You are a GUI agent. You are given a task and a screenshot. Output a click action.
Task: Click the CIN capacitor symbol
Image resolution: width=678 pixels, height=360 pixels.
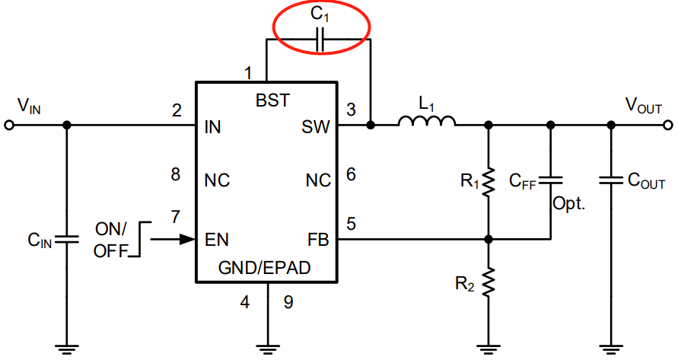point(67,239)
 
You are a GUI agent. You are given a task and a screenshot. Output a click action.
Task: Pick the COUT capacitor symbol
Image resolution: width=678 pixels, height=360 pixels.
point(610,181)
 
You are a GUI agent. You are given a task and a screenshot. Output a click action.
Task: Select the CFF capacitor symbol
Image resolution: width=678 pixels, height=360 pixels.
point(551,180)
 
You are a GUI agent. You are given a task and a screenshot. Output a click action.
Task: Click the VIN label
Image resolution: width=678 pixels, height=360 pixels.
point(29,105)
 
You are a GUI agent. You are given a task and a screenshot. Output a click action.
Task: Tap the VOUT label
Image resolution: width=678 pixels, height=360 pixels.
point(643,105)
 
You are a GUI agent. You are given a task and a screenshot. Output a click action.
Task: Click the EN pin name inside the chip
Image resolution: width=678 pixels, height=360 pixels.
point(218,239)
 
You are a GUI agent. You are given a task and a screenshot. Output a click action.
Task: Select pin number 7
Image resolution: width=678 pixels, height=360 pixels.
point(177,218)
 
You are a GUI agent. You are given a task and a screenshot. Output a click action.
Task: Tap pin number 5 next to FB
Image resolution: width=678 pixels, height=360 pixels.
point(352,225)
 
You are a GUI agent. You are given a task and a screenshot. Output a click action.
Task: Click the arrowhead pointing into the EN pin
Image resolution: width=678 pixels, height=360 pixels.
point(186,239)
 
